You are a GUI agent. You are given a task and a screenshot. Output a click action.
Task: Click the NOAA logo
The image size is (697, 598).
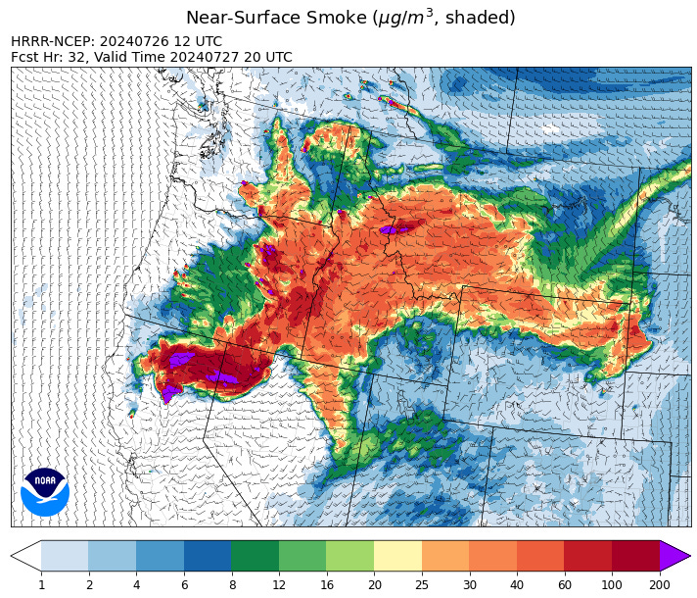(45, 491)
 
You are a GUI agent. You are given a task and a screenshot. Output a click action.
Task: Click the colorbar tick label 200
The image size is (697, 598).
(659, 584)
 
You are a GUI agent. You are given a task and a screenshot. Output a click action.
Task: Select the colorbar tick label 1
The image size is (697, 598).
(41, 584)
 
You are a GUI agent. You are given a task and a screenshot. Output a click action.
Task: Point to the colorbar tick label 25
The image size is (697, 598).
(421, 584)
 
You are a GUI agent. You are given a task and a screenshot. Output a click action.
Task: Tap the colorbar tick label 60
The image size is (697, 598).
(564, 584)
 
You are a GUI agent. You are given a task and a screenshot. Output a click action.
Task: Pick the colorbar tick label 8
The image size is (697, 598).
(231, 584)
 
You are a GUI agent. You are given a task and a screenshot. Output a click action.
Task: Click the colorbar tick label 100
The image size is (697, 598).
(611, 584)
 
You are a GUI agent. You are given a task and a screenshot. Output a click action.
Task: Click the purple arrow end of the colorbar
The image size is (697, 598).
(674, 556)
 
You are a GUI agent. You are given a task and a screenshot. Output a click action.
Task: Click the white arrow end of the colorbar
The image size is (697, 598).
(25, 556)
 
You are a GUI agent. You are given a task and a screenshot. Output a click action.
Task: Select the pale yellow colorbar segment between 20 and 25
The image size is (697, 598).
(397, 556)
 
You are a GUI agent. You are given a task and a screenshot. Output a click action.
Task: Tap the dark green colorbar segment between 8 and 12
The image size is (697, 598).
(255, 556)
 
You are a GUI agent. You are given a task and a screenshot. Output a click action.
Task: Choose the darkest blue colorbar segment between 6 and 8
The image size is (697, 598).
(208, 556)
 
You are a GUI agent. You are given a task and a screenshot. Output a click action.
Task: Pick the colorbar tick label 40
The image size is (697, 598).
(516, 584)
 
